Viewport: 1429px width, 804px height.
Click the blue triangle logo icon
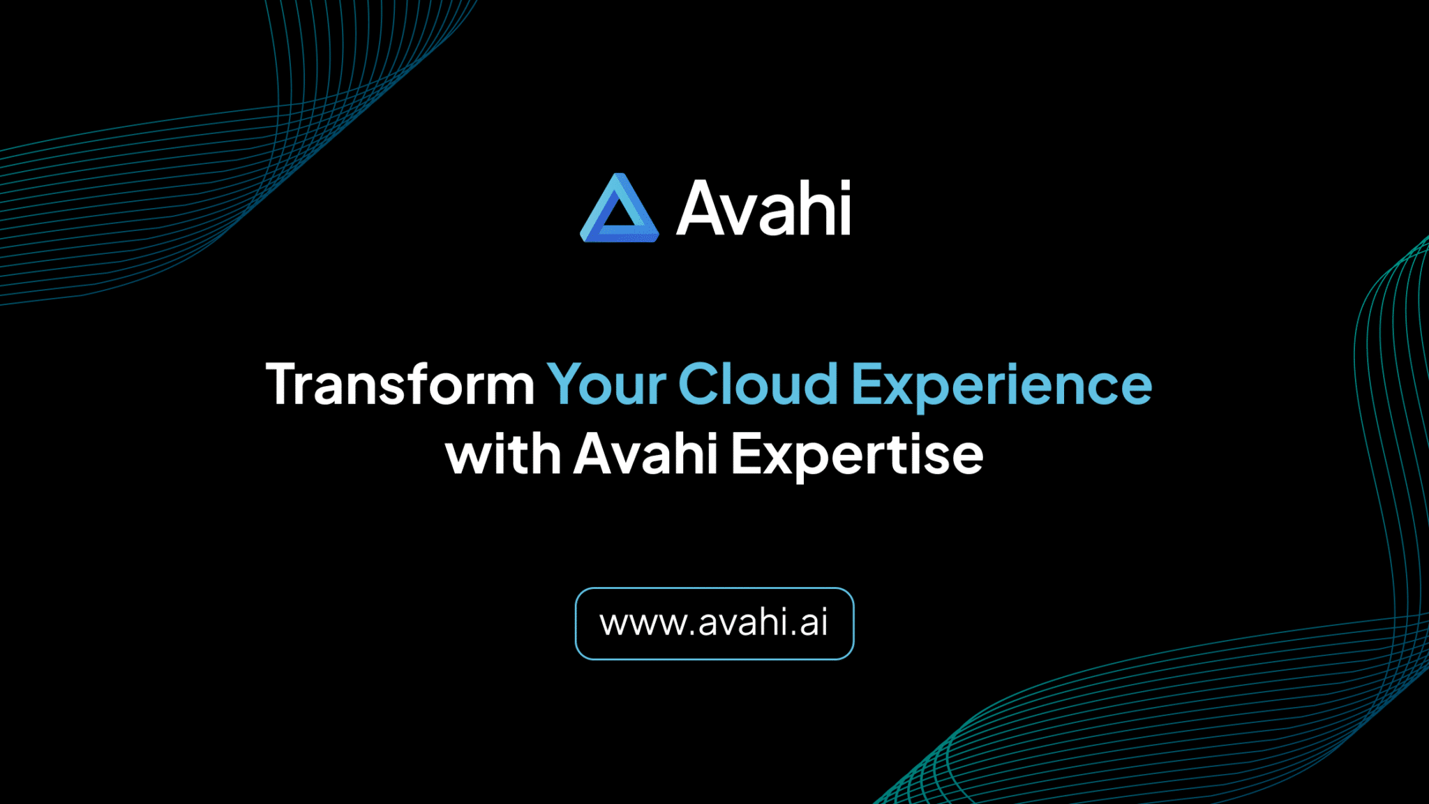(x=619, y=209)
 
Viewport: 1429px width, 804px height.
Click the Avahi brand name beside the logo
(x=763, y=208)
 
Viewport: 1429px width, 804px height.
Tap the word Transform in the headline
(x=400, y=385)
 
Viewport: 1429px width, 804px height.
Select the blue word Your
(x=606, y=385)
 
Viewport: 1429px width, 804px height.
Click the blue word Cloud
(x=758, y=385)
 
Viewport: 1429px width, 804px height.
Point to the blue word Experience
(x=1001, y=386)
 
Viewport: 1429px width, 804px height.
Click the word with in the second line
(x=503, y=454)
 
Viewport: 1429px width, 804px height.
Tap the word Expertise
(x=857, y=456)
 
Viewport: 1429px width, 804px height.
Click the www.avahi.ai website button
(x=714, y=623)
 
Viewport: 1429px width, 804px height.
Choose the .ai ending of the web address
(x=809, y=623)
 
